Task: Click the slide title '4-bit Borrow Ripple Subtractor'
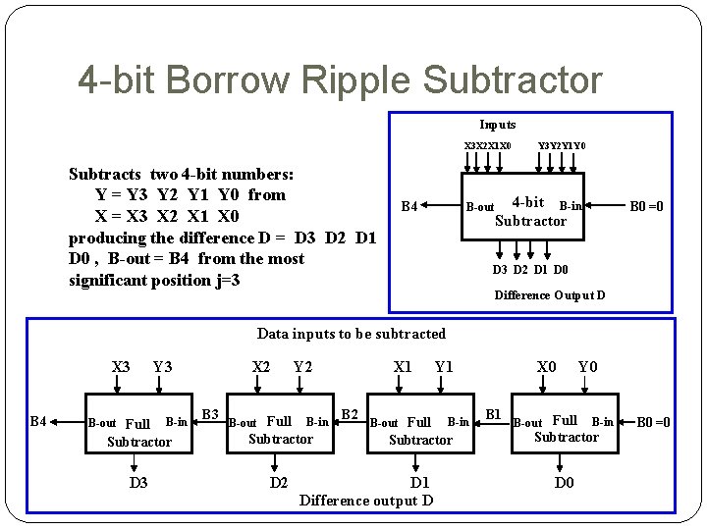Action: [340, 79]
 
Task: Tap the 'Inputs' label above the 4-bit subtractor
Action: [497, 125]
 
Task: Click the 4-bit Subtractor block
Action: [530, 212]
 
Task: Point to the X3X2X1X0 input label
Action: [487, 146]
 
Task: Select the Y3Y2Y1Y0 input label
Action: [562, 146]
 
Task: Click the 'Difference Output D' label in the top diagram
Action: [549, 295]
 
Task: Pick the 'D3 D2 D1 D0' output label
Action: [530, 270]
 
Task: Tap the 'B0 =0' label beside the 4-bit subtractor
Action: [646, 206]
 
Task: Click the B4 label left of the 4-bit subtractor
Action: [409, 206]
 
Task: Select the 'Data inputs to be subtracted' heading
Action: [351, 334]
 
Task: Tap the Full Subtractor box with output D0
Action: [566, 429]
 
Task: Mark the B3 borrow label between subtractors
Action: [209, 414]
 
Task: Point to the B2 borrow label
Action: [350, 413]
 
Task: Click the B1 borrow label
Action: [495, 414]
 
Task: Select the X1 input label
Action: [403, 367]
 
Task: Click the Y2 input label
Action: [302, 367]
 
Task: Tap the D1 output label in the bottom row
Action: [420, 482]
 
